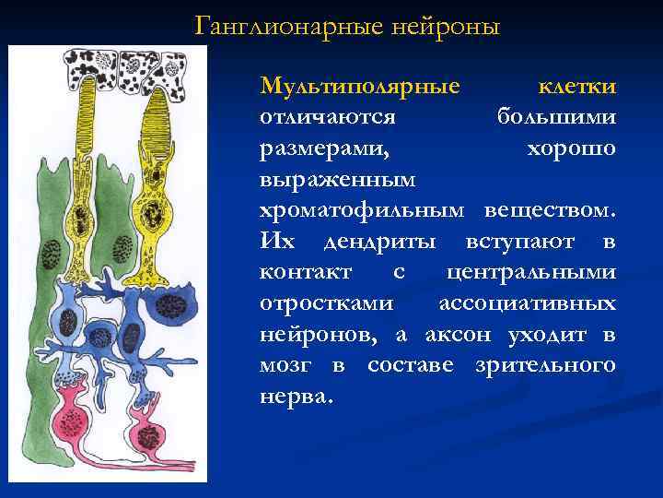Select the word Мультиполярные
tap(360, 87)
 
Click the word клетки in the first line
tap(577, 87)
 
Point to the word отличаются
tap(328, 118)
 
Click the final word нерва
tap(297, 397)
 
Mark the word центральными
tap(531, 274)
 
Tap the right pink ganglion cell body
tap(146, 434)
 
